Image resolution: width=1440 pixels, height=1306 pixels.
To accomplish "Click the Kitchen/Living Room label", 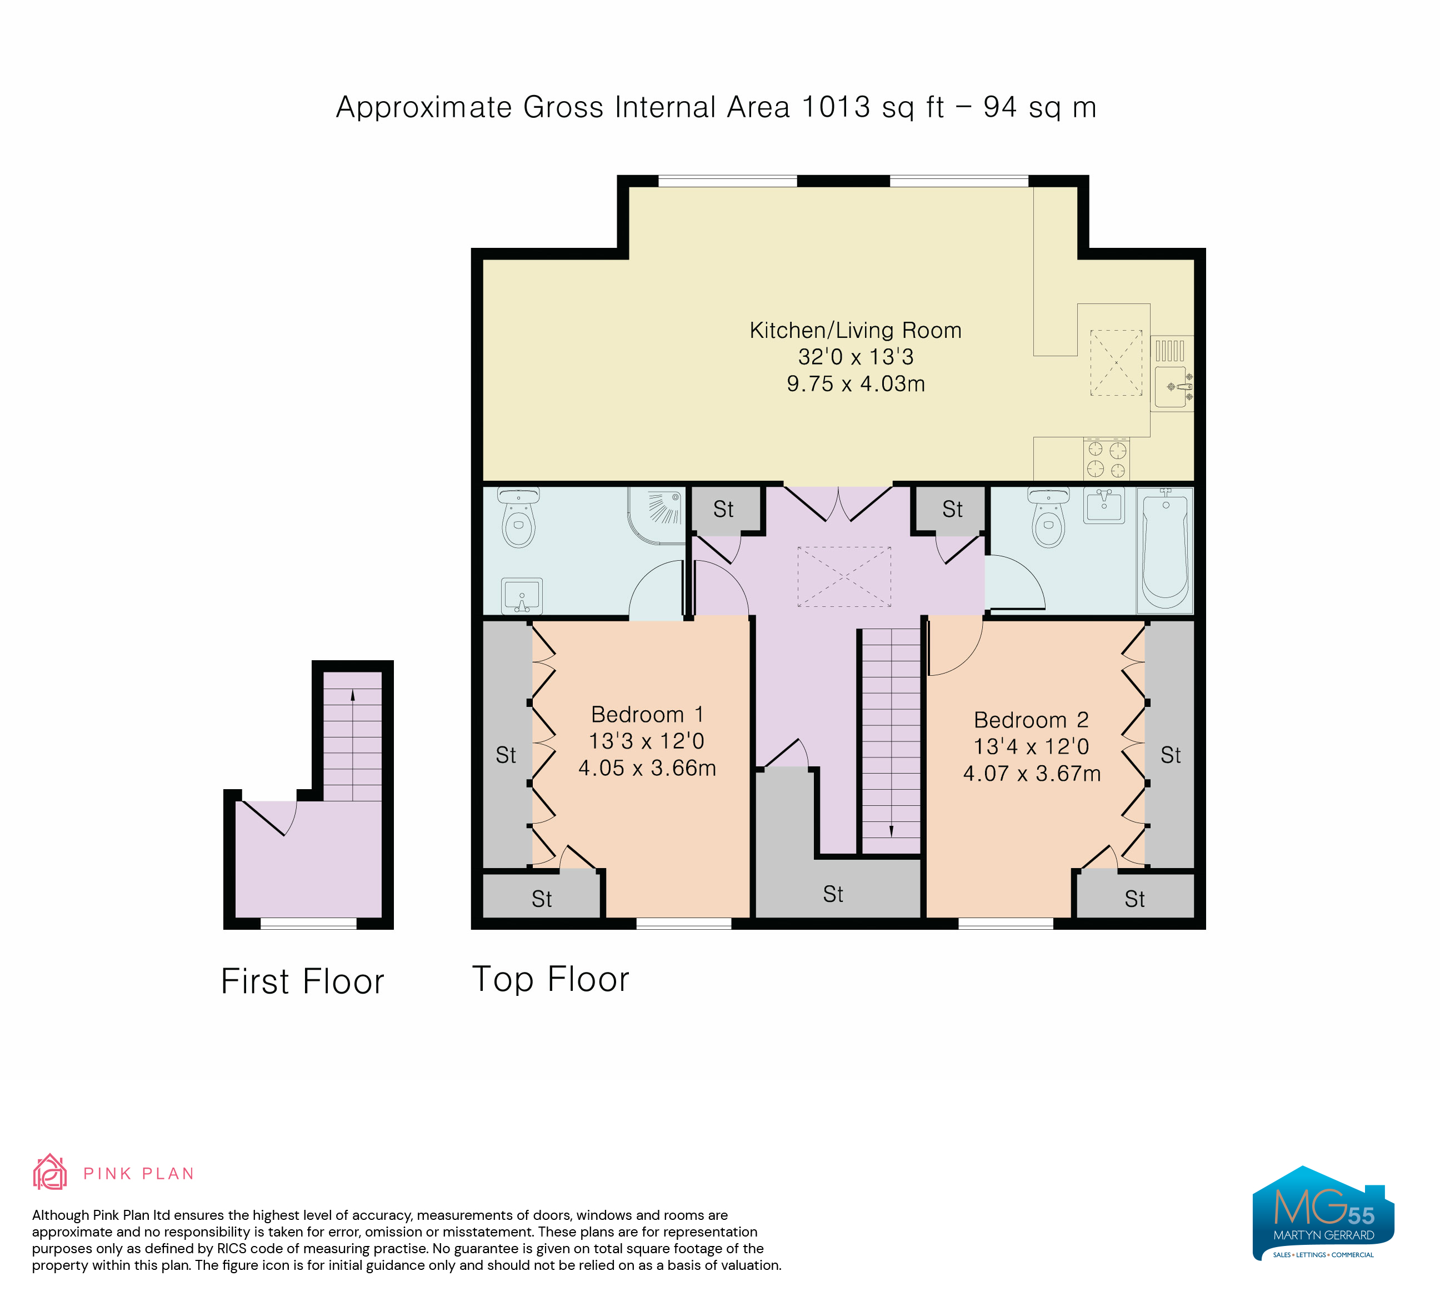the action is tap(855, 330).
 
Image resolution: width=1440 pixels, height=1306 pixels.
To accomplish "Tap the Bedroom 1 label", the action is tap(647, 715).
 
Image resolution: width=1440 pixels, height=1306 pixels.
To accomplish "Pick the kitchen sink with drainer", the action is tap(1172, 373).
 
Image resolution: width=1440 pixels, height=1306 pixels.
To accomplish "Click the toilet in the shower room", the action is tap(518, 518).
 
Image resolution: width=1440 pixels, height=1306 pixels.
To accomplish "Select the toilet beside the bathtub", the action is tap(1048, 518).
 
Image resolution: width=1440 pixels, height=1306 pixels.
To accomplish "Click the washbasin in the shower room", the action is tap(522, 596).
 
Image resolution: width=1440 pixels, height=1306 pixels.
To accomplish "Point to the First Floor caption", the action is tap(302, 981).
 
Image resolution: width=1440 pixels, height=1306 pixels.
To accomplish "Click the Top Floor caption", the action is tap(551, 979).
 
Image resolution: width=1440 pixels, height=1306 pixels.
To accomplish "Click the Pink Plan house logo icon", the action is tap(50, 1173).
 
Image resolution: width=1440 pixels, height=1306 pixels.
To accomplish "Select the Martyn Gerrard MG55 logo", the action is tap(1323, 1213).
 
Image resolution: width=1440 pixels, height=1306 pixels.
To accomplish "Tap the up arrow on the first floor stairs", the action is tap(352, 696).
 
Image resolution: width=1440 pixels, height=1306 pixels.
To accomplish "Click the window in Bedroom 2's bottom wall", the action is tap(1005, 923).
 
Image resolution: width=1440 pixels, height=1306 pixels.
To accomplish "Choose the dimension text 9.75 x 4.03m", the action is tap(855, 383).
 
